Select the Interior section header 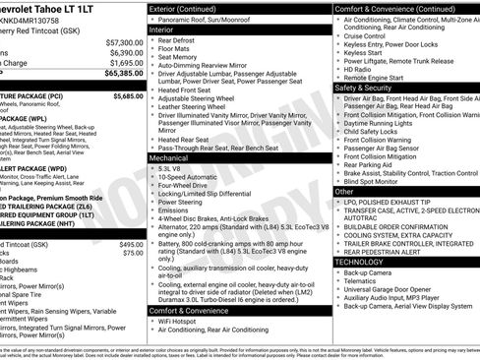click(167, 30)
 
